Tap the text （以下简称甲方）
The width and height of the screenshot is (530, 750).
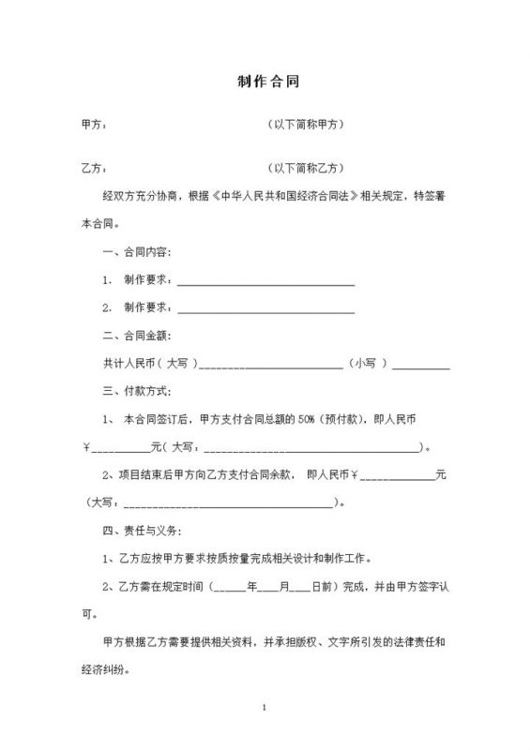[x=308, y=124]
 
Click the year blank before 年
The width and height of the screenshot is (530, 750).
[x=230, y=587]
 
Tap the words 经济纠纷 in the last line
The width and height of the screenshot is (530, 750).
[x=105, y=671]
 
